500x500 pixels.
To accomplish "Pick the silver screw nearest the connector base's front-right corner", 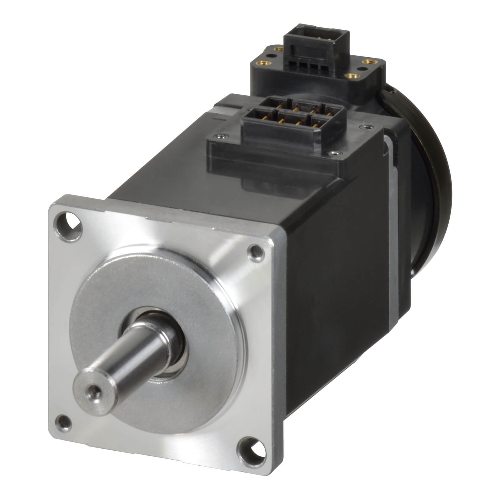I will click(x=334, y=153).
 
